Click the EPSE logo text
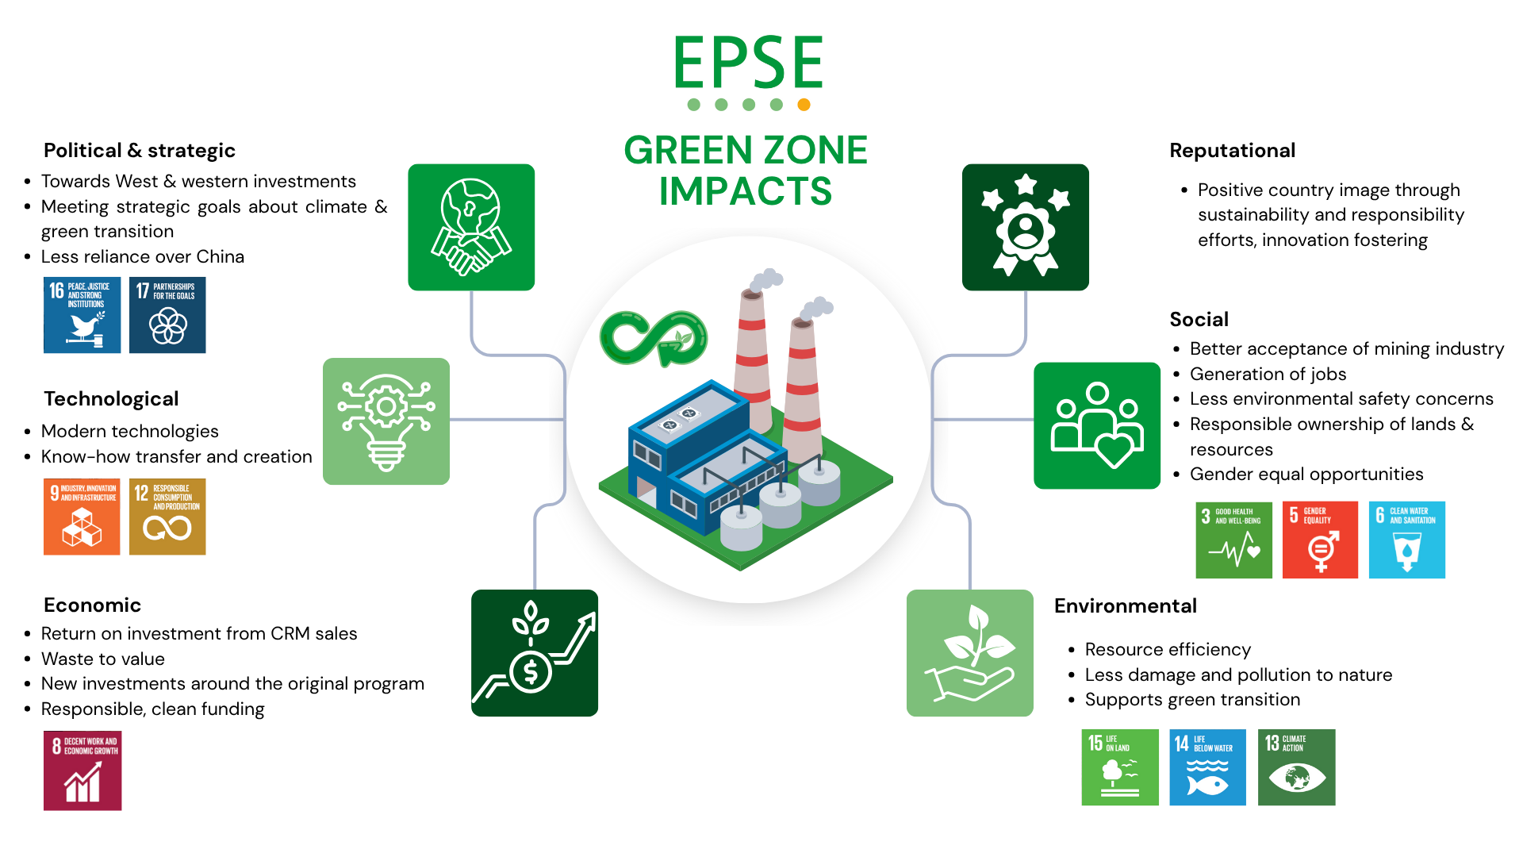pos(748,63)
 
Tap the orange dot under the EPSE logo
pos(804,105)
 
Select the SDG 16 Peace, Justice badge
pos(82,315)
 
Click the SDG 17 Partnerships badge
pos(167,315)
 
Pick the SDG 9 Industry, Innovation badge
pos(82,517)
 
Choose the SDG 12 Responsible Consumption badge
pos(167,517)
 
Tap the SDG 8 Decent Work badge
pos(82,771)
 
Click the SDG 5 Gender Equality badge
pos(1320,540)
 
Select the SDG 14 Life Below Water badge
pos(1207,767)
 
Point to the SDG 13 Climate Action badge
pos(1296,767)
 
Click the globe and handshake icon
pos(471,227)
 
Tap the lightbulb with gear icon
pos(386,421)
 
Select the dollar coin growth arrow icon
pos(535,653)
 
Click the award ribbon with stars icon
pos(1025,227)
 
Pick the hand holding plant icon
pos(969,653)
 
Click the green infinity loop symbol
pos(654,338)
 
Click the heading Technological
pos(111,399)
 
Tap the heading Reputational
pos(1232,151)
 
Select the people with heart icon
pos(1097,425)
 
